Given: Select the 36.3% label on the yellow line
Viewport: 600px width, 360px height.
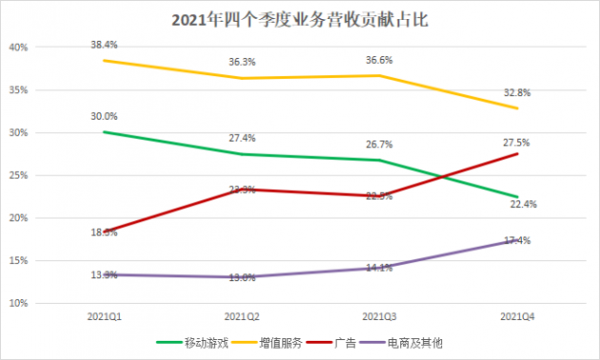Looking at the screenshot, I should click(242, 62).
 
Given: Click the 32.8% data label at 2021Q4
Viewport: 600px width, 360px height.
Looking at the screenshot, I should click(520, 92).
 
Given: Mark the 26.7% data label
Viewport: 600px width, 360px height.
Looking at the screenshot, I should click(381, 144).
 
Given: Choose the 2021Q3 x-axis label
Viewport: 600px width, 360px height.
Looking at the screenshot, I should click(381, 314).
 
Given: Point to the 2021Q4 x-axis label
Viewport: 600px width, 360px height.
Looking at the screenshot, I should click(520, 314).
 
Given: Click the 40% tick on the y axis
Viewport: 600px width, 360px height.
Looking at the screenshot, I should click(19, 47).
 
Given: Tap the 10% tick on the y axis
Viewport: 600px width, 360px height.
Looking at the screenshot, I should click(19, 303).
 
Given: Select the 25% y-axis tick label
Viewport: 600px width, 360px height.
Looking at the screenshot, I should click(19, 175).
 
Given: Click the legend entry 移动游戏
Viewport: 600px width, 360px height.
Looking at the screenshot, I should click(195, 341).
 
